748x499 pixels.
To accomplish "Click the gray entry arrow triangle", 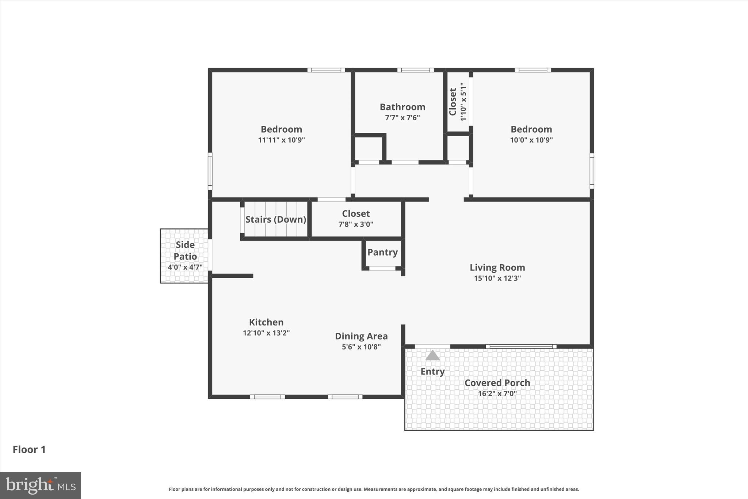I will (x=432, y=356).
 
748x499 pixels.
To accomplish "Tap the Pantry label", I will (x=382, y=252).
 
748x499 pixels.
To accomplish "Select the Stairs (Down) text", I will (x=276, y=219).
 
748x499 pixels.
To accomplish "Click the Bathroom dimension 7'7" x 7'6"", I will (x=402, y=118).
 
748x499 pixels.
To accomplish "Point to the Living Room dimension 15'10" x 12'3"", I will (x=497, y=278).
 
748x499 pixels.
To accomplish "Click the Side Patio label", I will (x=185, y=250).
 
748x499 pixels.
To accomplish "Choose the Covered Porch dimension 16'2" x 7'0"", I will (x=497, y=394).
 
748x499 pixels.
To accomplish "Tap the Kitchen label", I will (x=266, y=322).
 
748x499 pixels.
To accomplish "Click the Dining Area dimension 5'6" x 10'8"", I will (x=361, y=347).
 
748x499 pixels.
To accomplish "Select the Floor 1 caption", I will (x=29, y=450).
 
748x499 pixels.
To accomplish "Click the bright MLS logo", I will (x=41, y=485).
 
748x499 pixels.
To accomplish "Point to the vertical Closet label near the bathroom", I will (x=453, y=102).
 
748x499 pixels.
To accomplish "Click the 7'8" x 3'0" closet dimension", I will (x=356, y=224).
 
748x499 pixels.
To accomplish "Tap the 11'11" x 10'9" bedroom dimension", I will (x=281, y=140).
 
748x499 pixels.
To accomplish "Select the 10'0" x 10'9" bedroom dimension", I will (x=531, y=140).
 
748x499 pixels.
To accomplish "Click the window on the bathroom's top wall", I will (x=416, y=70).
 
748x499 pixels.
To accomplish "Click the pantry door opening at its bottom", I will (x=382, y=268).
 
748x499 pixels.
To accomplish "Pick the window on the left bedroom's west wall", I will (x=210, y=171).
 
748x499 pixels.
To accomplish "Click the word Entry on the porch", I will (x=432, y=371).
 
